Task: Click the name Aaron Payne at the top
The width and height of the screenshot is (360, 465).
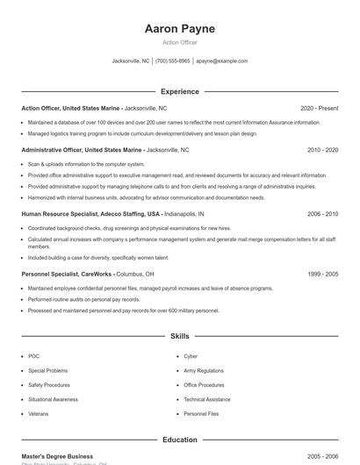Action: [x=179, y=29]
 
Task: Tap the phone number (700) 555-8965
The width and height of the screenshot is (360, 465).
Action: [x=172, y=61]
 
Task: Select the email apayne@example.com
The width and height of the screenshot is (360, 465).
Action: [x=221, y=61]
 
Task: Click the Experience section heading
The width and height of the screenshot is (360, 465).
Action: [x=179, y=91]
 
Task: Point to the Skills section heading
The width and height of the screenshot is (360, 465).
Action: [x=179, y=336]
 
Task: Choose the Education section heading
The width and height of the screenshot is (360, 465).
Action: [x=179, y=440]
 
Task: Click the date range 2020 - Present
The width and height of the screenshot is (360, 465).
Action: [x=319, y=108]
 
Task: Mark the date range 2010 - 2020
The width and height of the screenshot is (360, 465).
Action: [x=322, y=150]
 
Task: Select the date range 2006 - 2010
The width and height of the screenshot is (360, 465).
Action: [x=322, y=214]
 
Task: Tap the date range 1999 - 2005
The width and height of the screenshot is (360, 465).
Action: [x=322, y=274]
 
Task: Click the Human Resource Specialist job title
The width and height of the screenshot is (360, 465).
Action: [x=91, y=214]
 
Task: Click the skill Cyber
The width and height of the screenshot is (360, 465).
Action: [x=191, y=356]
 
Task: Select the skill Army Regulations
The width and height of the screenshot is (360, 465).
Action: [x=204, y=370]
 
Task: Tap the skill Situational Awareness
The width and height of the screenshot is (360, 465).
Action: [x=53, y=399]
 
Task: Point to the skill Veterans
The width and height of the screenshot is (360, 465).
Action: [x=38, y=413]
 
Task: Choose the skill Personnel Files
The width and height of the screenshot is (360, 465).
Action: [x=200, y=413]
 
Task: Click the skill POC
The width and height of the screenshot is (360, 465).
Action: [x=33, y=356]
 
